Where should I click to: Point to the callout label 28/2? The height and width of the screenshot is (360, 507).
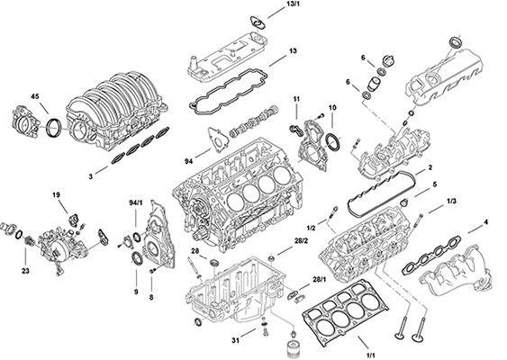[302, 242]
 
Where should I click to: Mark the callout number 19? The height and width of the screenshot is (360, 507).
[56, 194]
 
